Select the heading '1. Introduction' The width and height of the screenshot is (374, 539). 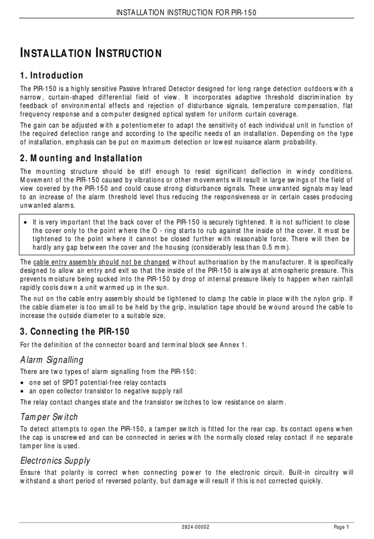tap(52, 75)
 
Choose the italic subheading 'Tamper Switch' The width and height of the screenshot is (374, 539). tap(49, 417)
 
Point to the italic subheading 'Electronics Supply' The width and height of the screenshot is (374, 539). tap(55, 460)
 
